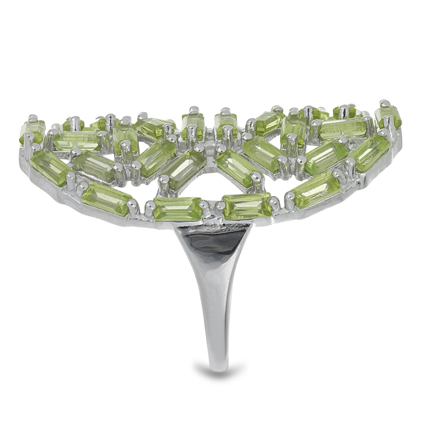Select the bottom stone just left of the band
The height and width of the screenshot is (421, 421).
[178, 209]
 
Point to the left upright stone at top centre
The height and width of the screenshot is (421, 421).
[193, 124]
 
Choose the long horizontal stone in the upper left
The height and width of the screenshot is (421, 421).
[77, 141]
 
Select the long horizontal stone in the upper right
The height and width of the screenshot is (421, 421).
[343, 128]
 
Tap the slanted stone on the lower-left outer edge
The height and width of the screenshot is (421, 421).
[107, 198]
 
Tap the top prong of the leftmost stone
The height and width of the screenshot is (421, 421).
[32, 118]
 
